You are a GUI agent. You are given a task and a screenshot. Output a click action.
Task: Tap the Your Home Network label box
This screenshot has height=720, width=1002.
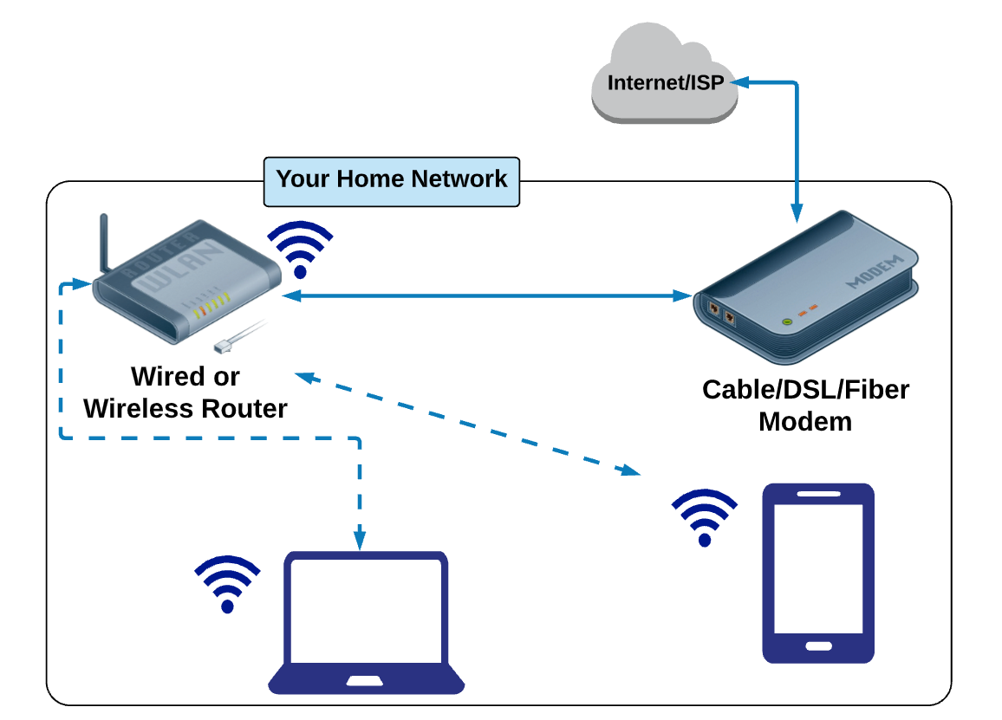pyautogui.click(x=392, y=180)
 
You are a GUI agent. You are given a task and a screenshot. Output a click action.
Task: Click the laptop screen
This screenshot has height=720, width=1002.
pyautogui.click(x=366, y=611)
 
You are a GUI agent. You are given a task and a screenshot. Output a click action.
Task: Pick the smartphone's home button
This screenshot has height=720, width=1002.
pyautogui.click(x=817, y=645)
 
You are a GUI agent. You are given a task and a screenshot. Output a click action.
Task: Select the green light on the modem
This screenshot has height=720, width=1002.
pyautogui.click(x=787, y=321)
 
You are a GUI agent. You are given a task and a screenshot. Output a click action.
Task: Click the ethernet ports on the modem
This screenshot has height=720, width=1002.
pyautogui.click(x=720, y=312)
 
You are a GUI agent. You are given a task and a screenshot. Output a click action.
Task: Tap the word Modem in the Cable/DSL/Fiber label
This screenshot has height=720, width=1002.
pyautogui.click(x=805, y=422)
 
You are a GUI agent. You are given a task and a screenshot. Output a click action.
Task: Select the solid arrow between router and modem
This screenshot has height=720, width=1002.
pyautogui.click(x=486, y=296)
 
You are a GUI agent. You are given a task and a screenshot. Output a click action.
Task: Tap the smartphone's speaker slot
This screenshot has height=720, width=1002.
pyautogui.click(x=817, y=494)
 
